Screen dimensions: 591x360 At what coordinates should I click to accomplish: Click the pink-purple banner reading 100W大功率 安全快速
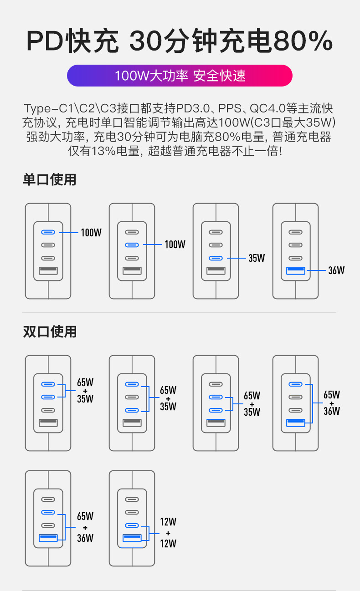180,76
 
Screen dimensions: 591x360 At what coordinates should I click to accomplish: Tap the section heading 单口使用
50,180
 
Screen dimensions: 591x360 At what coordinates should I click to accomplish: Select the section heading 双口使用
50,332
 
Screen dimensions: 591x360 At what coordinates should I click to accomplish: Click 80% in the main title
303,41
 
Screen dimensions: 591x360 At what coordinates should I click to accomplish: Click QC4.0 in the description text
267,109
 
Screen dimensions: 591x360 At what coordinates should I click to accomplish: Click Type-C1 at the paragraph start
47,109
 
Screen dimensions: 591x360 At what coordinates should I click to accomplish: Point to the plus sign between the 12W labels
168,533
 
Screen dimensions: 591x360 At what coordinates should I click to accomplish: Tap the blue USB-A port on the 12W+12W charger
132,539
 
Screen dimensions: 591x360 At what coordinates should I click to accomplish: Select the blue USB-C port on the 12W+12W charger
132,525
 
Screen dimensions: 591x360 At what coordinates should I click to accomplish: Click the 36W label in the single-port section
336,270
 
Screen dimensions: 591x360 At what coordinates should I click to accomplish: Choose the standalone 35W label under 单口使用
257,258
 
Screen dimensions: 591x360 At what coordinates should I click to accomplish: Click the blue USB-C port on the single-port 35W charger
216,258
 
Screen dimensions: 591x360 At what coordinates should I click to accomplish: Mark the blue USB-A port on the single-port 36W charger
296,271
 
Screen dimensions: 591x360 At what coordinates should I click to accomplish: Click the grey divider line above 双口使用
180,313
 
